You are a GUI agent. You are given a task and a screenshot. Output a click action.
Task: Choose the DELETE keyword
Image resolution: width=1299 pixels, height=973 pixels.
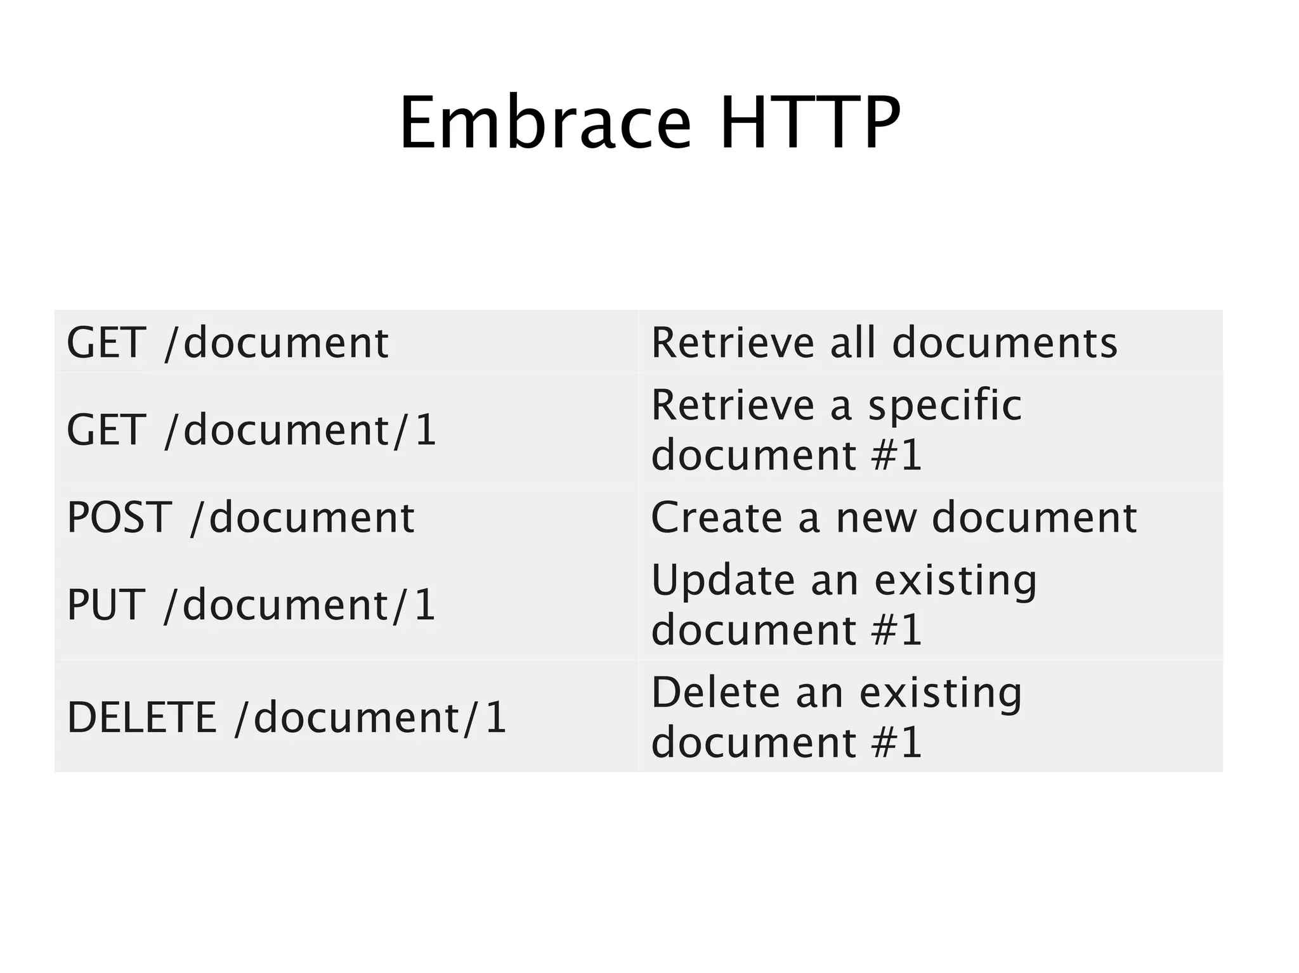pos(141,717)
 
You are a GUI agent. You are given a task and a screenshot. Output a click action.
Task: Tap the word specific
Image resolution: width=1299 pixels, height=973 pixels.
pos(944,406)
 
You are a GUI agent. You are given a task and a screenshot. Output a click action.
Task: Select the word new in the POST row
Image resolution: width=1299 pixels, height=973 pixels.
pos(876,518)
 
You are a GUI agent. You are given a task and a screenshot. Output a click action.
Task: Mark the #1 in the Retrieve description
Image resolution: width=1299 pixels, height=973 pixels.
pos(896,454)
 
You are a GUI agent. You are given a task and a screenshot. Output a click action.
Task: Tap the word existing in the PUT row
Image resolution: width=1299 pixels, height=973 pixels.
pos(955,581)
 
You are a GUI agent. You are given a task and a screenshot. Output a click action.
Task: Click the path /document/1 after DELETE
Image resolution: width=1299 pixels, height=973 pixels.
pos(370,717)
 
